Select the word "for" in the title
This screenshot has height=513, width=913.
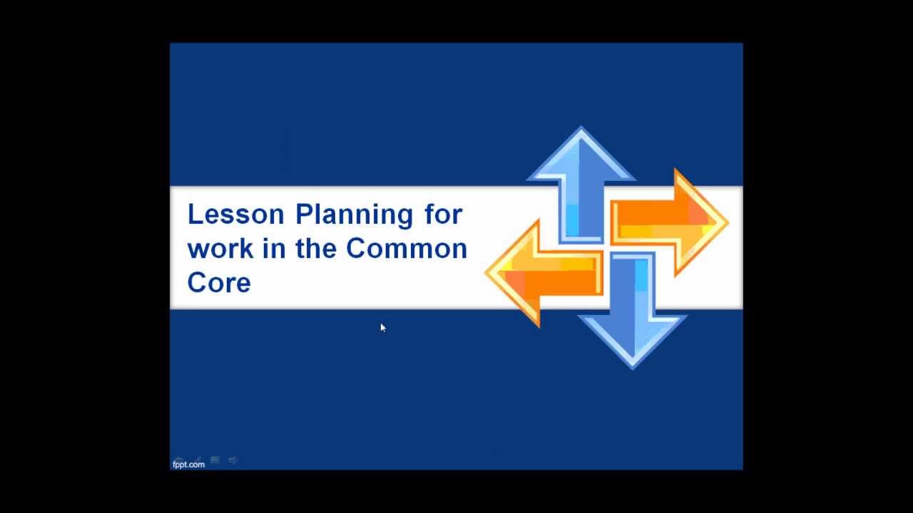click(x=444, y=214)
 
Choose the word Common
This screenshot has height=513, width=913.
click(x=407, y=249)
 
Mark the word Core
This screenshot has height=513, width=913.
click(x=219, y=283)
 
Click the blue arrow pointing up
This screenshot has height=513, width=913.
click(x=581, y=178)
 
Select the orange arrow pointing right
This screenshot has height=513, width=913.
click(x=667, y=222)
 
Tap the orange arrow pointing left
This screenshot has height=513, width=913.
click(x=546, y=271)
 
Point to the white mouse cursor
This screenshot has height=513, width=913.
click(x=383, y=328)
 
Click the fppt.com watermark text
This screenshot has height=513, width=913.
click(x=188, y=465)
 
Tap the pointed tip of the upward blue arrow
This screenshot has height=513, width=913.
click(x=581, y=128)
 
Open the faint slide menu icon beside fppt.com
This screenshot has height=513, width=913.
click(x=215, y=460)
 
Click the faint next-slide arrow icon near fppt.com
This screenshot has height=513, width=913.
click(x=233, y=460)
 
